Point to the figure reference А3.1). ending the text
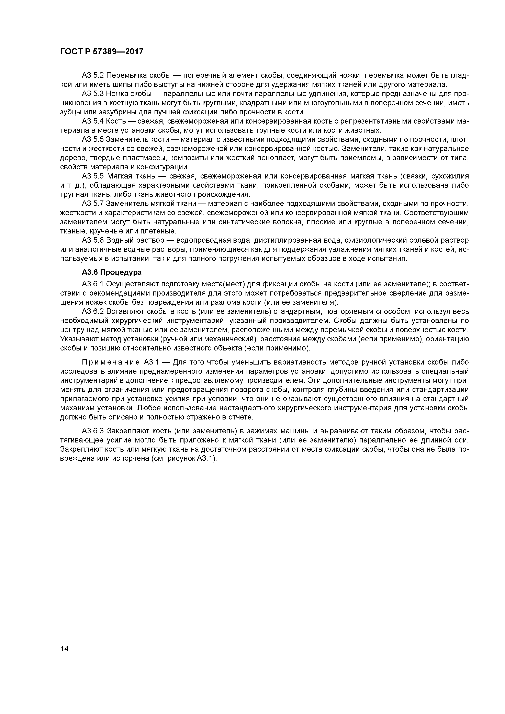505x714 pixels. click(x=206, y=459)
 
